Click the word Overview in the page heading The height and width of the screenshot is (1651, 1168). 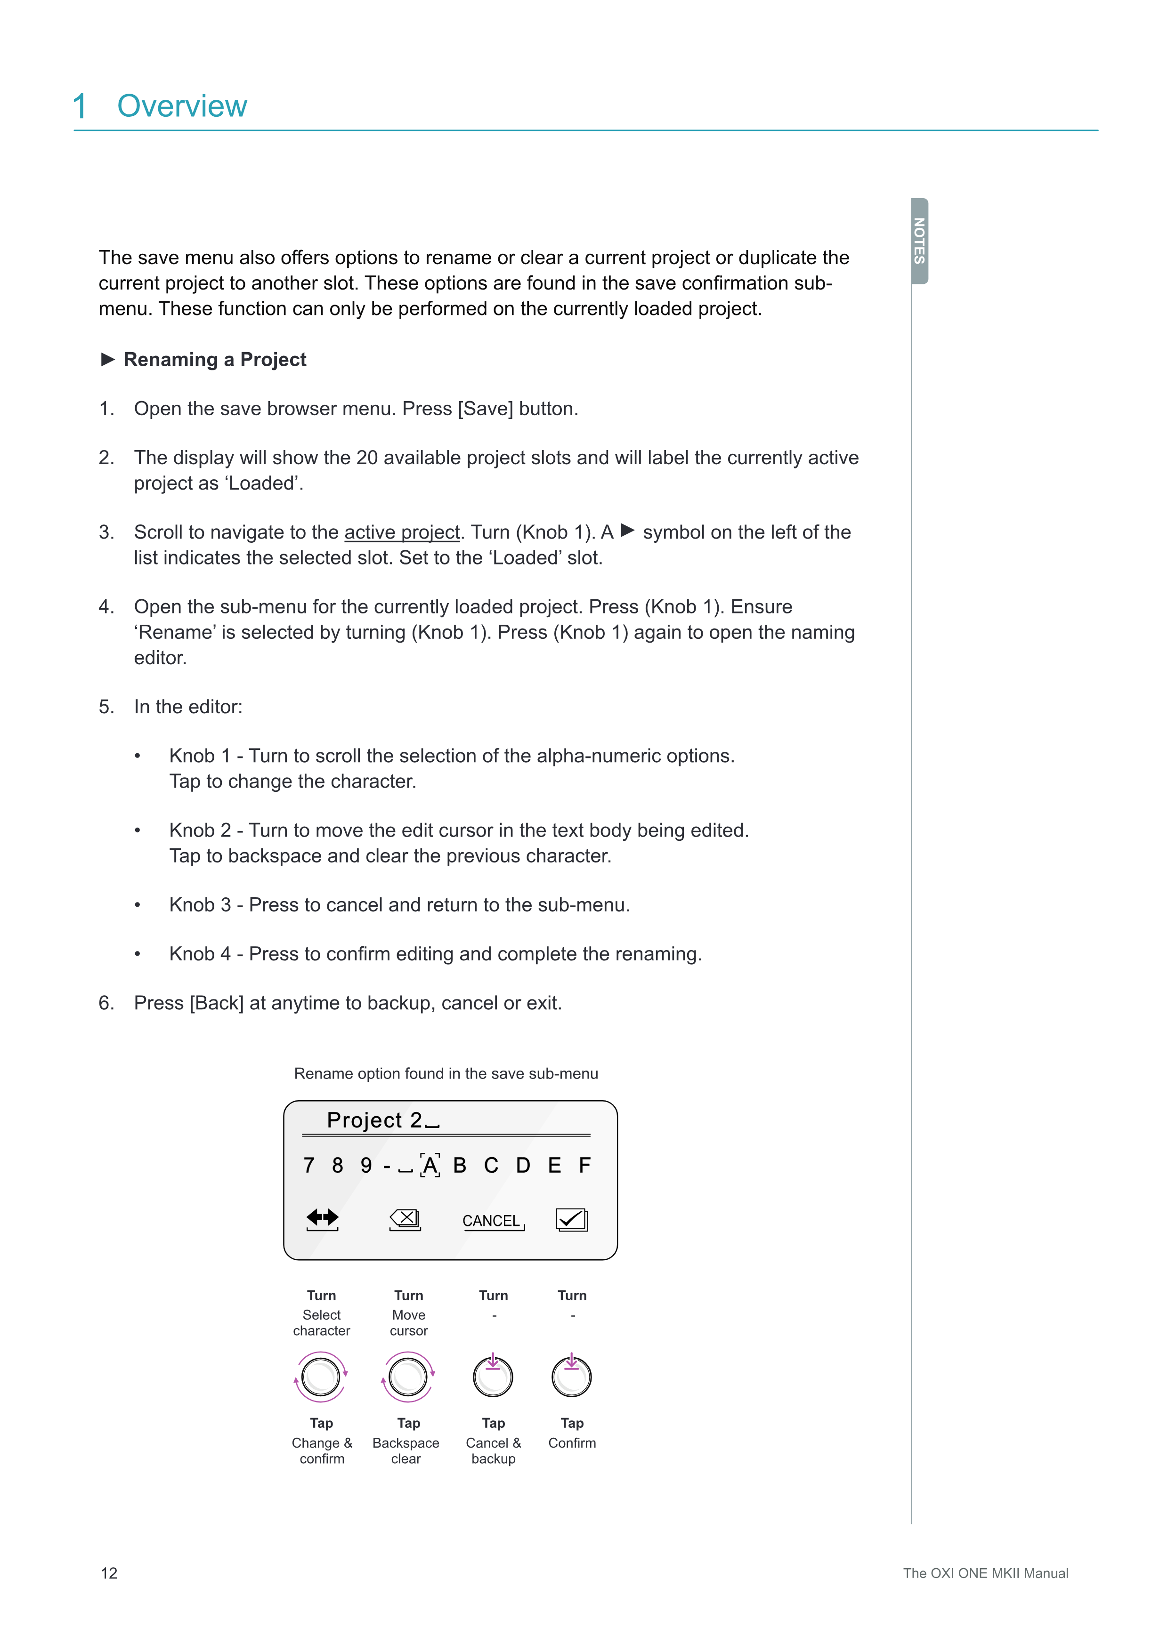click(x=182, y=106)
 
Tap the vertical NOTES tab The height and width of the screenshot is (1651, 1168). click(x=919, y=241)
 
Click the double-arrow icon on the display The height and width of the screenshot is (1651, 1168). click(x=322, y=1217)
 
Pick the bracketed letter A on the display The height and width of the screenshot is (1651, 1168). click(x=430, y=1165)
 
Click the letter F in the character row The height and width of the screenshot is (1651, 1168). click(x=585, y=1165)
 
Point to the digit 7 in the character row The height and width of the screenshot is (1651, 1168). click(x=308, y=1165)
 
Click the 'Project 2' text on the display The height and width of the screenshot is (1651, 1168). click(x=374, y=1119)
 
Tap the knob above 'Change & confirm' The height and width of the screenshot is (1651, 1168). click(x=321, y=1377)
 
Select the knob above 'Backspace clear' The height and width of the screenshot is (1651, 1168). click(x=408, y=1377)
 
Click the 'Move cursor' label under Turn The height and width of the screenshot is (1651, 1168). click(x=408, y=1322)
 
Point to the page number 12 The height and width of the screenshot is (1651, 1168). click(x=109, y=1573)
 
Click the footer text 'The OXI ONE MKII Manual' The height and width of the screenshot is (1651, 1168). click(x=985, y=1573)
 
